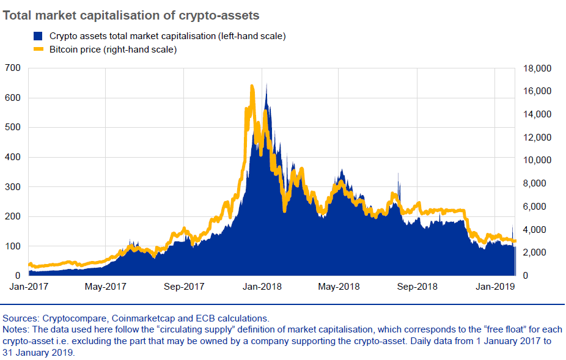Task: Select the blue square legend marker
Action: [38, 37]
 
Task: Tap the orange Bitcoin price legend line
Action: [38, 50]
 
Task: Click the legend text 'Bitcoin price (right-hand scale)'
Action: [113, 50]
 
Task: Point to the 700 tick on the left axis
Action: [12, 68]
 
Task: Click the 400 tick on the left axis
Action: [12, 157]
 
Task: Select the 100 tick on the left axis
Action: [12, 246]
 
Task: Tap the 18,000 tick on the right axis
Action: [538, 68]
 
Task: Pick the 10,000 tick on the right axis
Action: [538, 160]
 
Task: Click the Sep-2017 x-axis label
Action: [184, 287]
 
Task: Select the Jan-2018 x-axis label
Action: [262, 287]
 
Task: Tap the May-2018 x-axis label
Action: [339, 287]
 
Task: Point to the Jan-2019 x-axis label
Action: [495, 287]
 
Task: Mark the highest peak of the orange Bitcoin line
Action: [252, 87]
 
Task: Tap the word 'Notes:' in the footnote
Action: [17, 329]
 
